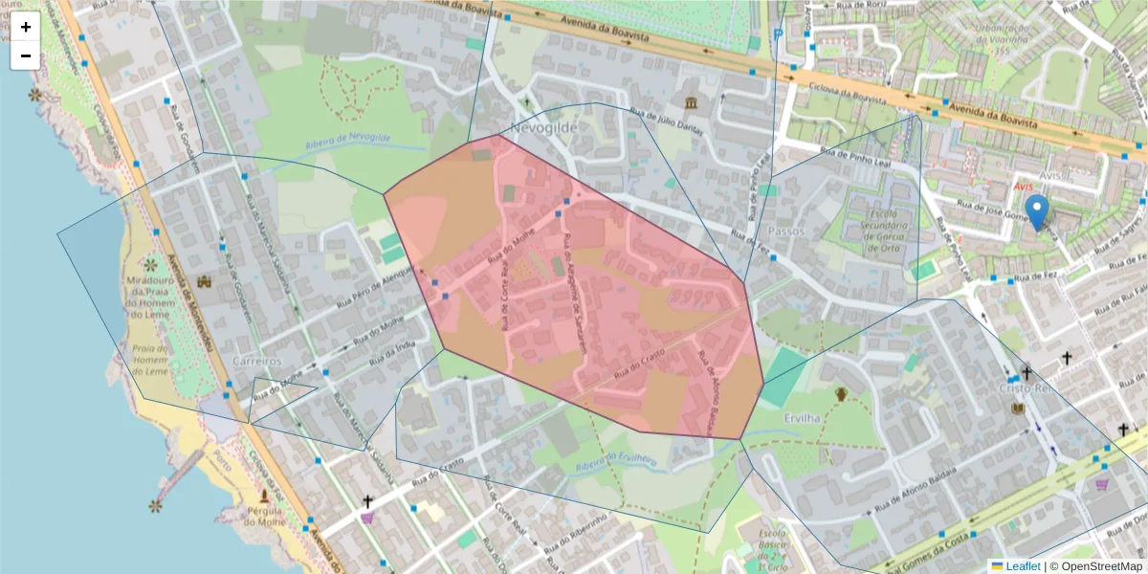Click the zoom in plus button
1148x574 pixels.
[26, 27]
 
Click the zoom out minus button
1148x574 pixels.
[26, 55]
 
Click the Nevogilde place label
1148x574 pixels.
[545, 127]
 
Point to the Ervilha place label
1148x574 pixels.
[802, 418]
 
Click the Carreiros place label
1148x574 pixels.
[257, 362]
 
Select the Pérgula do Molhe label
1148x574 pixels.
[264, 520]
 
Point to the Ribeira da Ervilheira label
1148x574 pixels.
[617, 463]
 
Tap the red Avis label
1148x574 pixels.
[1024, 186]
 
